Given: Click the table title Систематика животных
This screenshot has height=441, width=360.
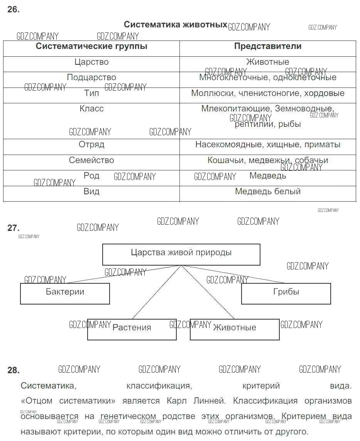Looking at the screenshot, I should [176, 25].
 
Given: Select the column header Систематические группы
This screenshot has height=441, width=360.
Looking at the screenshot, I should [91, 46].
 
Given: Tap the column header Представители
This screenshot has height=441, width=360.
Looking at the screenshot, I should [268, 46].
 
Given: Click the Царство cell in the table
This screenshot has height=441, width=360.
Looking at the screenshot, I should [91, 62].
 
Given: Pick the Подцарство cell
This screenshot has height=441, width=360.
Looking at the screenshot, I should [91, 77].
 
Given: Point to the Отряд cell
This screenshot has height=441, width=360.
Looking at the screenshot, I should [91, 145].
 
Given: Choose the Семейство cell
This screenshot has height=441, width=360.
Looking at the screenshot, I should [91, 160].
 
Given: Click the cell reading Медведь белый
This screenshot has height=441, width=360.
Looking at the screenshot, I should [268, 192].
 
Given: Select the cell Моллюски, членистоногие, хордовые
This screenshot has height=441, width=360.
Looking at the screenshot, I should [268, 93].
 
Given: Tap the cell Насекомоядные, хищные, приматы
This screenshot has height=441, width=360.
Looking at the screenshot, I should [268, 145].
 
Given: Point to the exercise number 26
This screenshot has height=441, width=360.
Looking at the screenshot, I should [14, 10].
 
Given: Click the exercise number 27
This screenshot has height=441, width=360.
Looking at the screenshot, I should [14, 228].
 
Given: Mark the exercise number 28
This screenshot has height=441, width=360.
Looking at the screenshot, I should [14, 370].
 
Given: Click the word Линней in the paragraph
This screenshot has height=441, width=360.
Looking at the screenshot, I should [211, 401].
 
